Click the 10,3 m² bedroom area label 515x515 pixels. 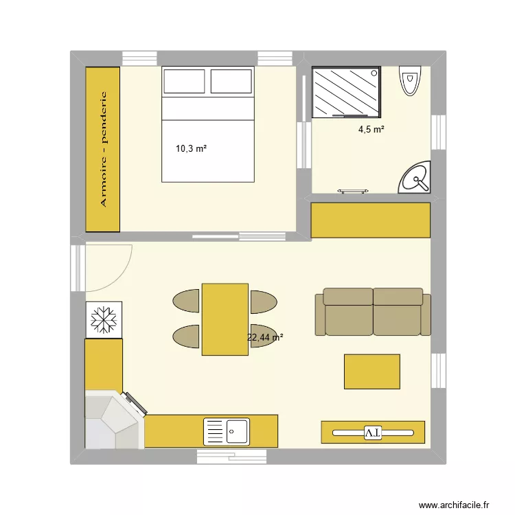coord(192,148)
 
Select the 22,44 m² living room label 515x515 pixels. coord(265,337)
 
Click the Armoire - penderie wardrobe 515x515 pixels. coord(103,149)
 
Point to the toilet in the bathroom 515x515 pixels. coord(410,82)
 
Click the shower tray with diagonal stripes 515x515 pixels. coord(345,92)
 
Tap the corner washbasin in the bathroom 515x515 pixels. coord(415,179)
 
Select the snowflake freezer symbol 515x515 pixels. coord(104,319)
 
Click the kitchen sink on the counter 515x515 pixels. coord(227,432)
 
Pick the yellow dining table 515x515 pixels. coord(225,319)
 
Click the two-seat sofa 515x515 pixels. coord(373,312)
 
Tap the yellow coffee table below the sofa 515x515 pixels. coord(371,371)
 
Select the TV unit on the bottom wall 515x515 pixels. coord(373,432)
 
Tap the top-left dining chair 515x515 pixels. coord(186,301)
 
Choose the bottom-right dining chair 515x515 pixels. coord(263,335)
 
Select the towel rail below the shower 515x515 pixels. coord(354,192)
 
